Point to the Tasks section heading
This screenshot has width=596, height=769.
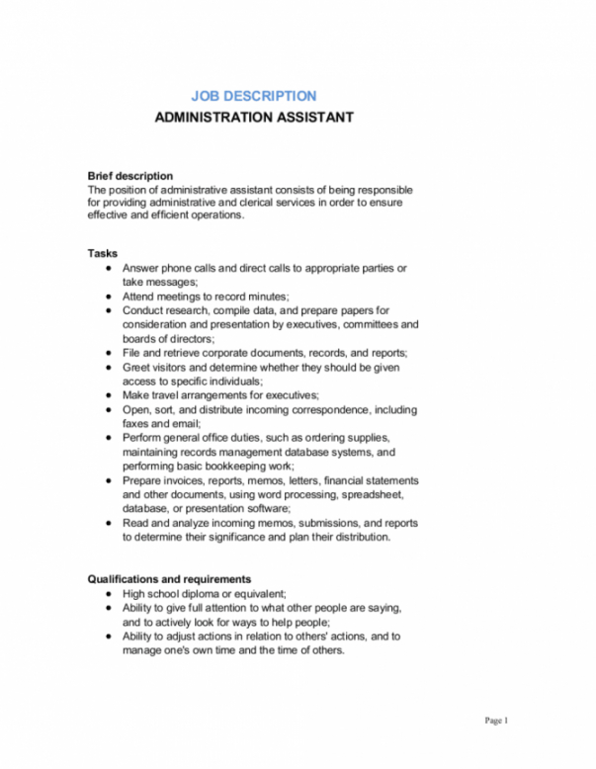point(103,254)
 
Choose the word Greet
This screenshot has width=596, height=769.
point(136,366)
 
